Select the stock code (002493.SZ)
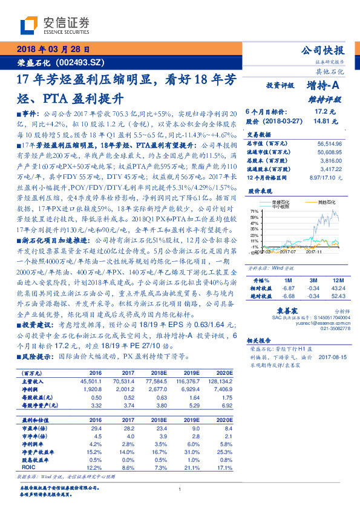click(80, 62)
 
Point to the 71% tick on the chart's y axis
click(256, 211)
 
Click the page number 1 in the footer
click(180, 490)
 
